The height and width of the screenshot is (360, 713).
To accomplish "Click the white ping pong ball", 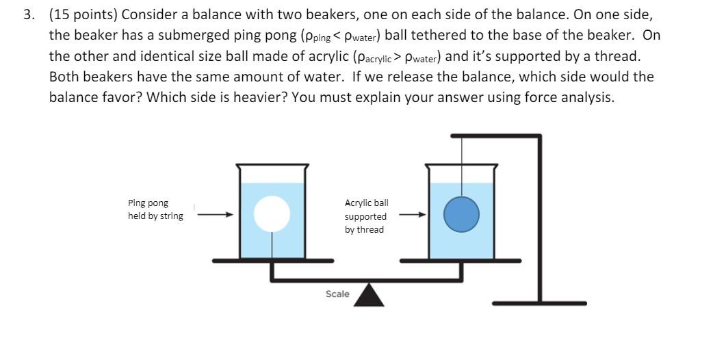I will tap(272, 214).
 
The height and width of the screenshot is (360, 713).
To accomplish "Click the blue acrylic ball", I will tap(461, 215).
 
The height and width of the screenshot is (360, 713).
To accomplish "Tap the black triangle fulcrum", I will tap(370, 295).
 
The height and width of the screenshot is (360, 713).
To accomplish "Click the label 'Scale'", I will tap(337, 294).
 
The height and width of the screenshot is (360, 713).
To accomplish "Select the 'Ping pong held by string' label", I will tap(155, 209).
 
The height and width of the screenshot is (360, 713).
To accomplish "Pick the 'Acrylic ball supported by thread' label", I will tap(366, 216).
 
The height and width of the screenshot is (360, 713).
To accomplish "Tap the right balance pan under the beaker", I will tap(460, 261).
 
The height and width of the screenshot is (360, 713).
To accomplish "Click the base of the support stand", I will tap(539, 303).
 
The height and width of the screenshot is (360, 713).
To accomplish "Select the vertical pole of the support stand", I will tap(540, 219).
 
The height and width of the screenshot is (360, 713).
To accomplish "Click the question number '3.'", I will tap(29, 15).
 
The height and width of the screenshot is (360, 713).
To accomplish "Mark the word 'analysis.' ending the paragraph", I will tap(587, 97).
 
